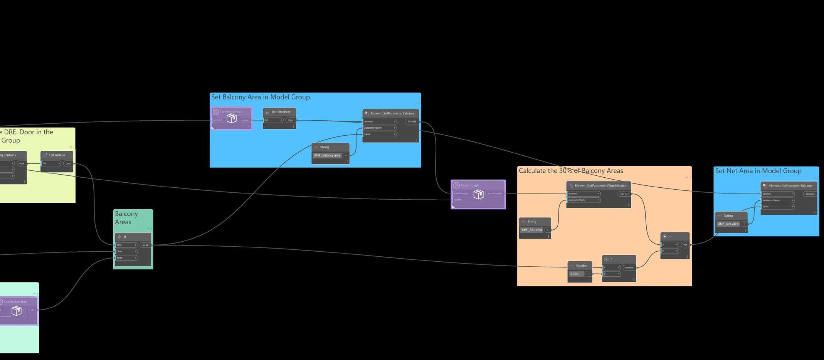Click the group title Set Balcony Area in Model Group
coord(261,97)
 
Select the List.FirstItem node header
coord(281,112)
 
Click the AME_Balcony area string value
coord(327,155)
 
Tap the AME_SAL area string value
coord(531,230)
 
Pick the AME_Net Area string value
coord(728,224)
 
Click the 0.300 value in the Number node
coord(575,274)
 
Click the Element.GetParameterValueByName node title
coord(600,186)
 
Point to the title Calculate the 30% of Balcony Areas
coord(571,171)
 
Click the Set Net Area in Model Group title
coord(758,171)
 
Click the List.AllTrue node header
coord(57,155)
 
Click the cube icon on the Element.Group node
coord(231,118)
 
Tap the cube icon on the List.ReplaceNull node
coord(16,311)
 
